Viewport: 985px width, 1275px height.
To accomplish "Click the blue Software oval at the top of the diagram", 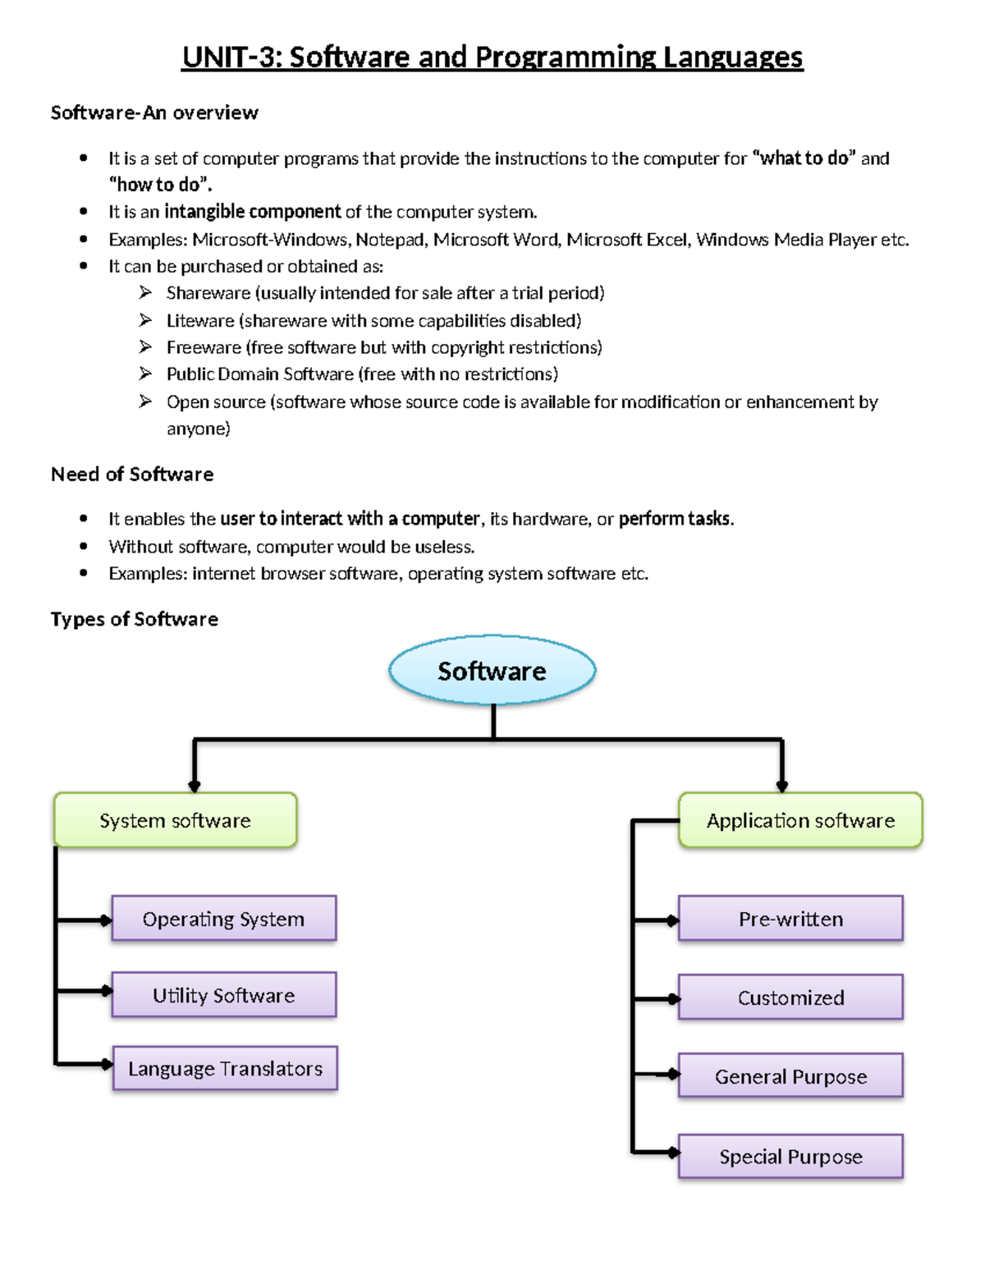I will coord(492,671).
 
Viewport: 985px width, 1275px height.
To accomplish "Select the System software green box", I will coord(175,820).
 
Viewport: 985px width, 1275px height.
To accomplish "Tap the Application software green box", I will coord(800,820).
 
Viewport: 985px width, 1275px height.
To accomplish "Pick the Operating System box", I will coord(223,919).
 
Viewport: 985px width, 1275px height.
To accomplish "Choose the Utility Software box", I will coord(223,995).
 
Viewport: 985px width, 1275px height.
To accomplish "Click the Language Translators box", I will coord(225,1068).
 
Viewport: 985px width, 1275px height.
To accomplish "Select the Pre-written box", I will coord(790,919).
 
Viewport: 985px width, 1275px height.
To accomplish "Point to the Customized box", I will coord(790,998).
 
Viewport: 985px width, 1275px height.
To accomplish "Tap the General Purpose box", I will coord(790,1076).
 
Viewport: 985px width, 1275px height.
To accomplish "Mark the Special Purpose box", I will coord(790,1157).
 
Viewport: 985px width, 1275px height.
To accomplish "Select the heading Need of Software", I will coord(132,475).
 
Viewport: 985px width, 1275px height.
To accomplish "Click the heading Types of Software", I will coord(135,619).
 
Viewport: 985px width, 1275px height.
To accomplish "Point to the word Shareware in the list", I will coord(208,293).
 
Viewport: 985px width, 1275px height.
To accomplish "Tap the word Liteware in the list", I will coord(199,320).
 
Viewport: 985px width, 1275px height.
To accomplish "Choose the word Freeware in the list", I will coord(204,347).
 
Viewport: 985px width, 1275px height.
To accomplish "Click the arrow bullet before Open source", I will coord(145,401).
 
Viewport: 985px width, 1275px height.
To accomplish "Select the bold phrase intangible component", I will coord(252,212).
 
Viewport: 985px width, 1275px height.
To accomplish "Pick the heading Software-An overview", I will coord(154,112).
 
